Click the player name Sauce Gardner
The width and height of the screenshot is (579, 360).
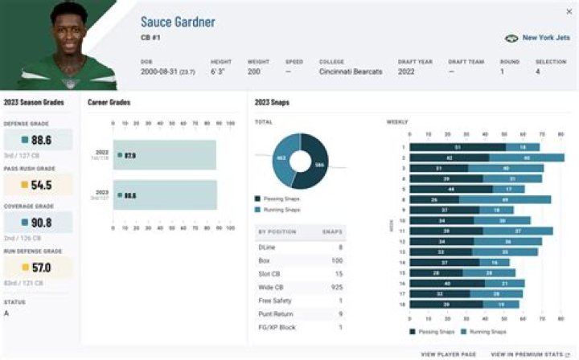[178, 22]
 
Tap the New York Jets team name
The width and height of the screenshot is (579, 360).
[546, 38]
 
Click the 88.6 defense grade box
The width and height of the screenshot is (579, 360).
[37, 140]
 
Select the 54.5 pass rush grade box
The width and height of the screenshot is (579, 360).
[37, 184]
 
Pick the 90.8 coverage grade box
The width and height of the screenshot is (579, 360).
[37, 223]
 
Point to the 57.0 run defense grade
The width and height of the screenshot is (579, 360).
[37, 267]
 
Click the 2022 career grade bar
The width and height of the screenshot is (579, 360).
[165, 155]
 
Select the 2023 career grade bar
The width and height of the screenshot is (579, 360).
[165, 194]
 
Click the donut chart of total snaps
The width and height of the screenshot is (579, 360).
[299, 159]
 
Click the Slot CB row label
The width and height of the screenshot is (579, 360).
[270, 273]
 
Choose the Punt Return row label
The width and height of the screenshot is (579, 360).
[274, 313]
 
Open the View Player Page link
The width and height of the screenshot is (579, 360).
[449, 354]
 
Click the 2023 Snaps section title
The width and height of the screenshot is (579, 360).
[272, 102]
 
